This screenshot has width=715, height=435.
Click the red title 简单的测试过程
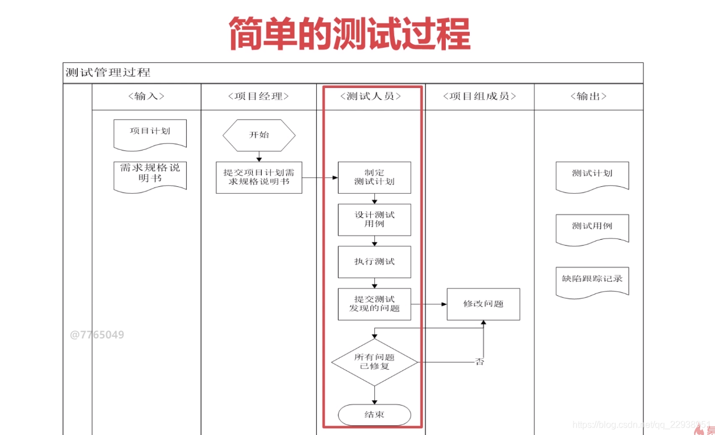tap(350, 34)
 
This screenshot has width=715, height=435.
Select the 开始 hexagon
tap(259, 135)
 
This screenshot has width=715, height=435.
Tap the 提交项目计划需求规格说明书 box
tap(259, 177)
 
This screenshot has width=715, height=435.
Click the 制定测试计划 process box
tap(374, 177)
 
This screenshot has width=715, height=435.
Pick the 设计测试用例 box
tap(374, 219)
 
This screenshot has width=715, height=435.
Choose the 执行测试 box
tap(374, 262)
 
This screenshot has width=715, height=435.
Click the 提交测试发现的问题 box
tap(374, 304)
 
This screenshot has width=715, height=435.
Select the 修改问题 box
tap(483, 304)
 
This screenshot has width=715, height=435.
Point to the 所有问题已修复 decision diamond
tap(374, 362)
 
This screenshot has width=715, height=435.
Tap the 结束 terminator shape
tap(374, 415)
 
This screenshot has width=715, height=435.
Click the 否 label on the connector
tap(480, 362)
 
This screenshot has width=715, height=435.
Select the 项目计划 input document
tap(150, 132)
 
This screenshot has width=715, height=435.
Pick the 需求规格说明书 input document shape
tap(150, 174)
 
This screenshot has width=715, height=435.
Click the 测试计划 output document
tap(592, 174)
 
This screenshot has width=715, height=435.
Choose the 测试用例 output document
tap(592, 227)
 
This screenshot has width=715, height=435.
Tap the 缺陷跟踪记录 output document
tap(592, 280)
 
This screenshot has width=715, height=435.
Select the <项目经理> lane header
tap(258, 97)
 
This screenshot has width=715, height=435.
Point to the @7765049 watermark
tap(97, 335)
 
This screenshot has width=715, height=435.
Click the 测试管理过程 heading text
tap(108, 73)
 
